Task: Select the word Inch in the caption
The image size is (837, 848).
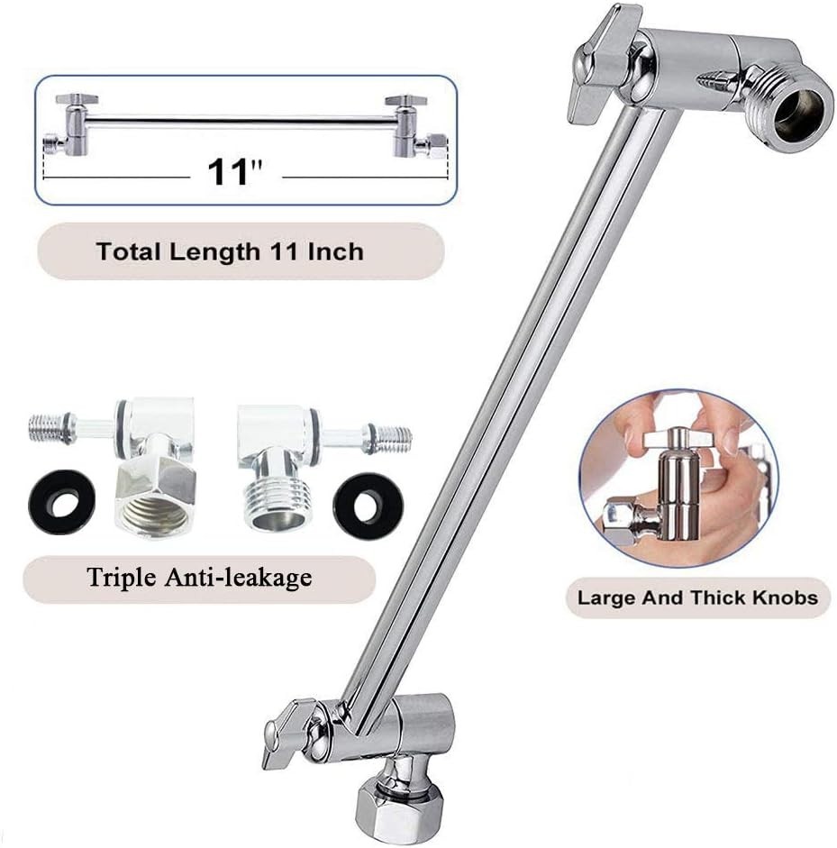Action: [335, 251]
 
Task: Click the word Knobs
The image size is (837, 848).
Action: [780, 597]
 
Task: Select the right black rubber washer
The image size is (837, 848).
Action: [366, 505]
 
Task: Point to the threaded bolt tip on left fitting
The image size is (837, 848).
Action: [50, 427]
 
